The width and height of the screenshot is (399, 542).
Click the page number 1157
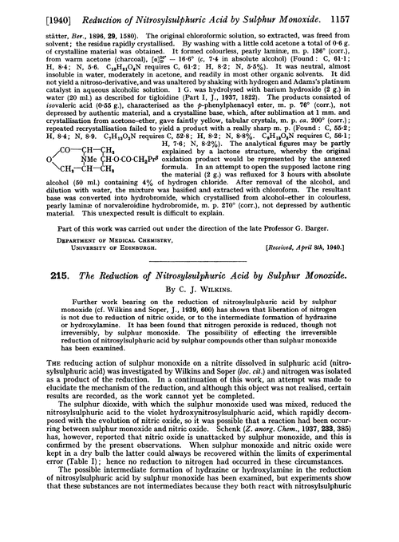pos(374,10)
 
